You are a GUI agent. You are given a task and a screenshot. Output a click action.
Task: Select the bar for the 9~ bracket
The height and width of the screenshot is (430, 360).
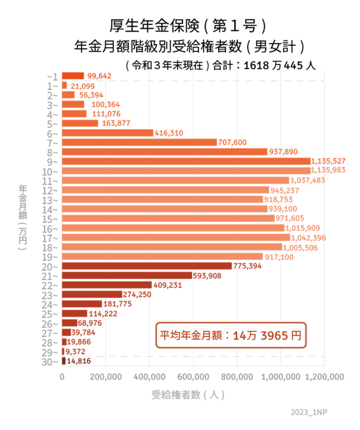186,161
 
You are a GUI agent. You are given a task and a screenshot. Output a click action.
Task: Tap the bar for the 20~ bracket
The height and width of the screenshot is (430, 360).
147,266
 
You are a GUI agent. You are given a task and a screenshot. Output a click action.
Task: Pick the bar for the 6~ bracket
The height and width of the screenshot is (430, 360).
108,133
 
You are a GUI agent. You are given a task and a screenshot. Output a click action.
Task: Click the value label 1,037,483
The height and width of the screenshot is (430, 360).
308,180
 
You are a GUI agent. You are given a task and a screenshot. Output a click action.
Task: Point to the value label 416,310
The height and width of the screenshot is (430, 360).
169,133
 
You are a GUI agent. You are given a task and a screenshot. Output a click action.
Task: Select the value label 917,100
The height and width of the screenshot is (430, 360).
279,257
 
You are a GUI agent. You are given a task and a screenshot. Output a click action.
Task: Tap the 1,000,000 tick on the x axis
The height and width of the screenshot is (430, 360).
281,377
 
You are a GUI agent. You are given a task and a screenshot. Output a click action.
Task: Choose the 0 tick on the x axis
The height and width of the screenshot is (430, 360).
62,377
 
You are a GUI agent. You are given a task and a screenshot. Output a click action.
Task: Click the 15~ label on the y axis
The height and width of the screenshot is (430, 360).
53,218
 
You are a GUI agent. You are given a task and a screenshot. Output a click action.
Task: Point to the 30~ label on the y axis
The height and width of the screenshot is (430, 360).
53,362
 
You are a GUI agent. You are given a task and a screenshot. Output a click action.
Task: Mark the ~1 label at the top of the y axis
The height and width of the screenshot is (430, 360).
53,77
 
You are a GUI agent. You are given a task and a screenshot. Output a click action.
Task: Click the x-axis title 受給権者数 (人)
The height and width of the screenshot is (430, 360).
188,395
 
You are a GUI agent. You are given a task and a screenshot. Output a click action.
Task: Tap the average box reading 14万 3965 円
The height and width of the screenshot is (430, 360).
231,335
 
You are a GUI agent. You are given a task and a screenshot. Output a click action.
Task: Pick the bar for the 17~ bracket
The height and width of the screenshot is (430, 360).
176,237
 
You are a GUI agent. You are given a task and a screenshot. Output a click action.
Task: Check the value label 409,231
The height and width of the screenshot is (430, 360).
168,285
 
